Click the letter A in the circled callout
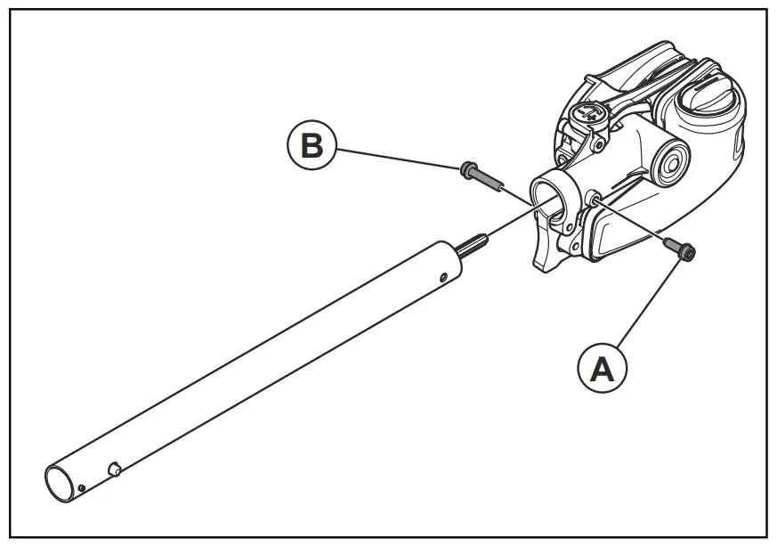602,369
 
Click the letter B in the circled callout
312,145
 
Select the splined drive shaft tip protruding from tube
473,243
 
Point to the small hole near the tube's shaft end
442,278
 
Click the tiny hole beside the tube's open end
81,487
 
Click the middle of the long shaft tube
258,366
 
